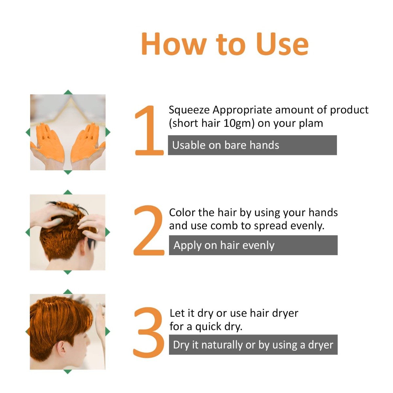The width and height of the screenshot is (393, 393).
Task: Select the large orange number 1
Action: pyautogui.click(x=149, y=131)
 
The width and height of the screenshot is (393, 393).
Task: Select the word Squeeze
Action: pyautogui.click(x=189, y=110)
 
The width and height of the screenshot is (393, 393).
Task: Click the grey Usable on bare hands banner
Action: pyautogui.click(x=252, y=145)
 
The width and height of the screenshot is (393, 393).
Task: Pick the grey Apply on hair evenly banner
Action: pyautogui.click(x=253, y=245)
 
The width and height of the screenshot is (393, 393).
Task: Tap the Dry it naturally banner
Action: pyautogui.click(x=253, y=345)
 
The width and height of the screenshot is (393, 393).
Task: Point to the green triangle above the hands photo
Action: pyautogui.click(x=68, y=92)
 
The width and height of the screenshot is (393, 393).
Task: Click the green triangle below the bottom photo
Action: pyautogui.click(x=67, y=372)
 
